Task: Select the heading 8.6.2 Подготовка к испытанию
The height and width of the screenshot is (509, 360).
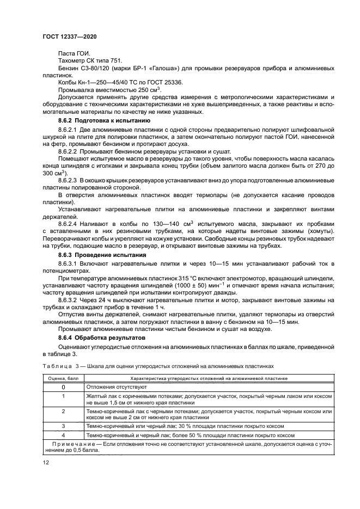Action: coord(100,119)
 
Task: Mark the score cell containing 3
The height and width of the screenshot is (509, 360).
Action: coord(63,426)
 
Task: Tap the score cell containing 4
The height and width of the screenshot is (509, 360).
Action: coord(63,435)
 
